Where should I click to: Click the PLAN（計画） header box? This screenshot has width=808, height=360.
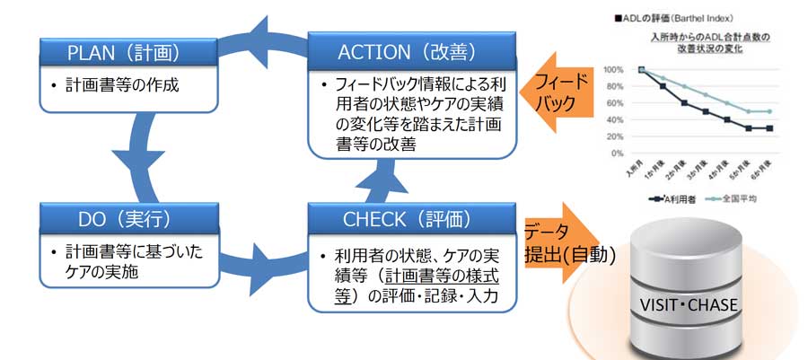click(x=129, y=52)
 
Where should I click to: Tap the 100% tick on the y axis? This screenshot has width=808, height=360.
click(x=615, y=69)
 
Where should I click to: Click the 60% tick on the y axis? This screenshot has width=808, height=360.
click(x=617, y=103)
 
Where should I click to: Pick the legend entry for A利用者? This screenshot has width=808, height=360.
click(x=676, y=198)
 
